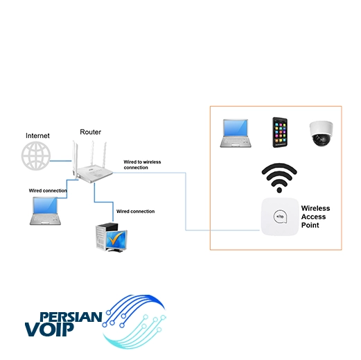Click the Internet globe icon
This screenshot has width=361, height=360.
click(36, 156)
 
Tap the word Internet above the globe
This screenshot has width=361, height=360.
click(37, 135)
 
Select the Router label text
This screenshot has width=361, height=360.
click(90, 132)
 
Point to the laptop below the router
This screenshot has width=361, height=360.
click(45, 211)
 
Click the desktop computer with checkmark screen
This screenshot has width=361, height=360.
click(112, 237)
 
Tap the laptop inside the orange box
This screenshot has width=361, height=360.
click(236, 133)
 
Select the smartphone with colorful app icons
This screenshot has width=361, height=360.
click(280, 132)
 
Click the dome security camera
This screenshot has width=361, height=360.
click(321, 133)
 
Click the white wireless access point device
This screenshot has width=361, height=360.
click(280, 216)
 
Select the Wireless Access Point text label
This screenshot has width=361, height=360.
click(315, 216)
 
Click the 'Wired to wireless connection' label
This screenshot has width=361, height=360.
click(142, 164)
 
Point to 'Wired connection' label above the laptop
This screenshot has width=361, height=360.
click(48, 191)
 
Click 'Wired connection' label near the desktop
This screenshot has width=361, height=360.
click(136, 212)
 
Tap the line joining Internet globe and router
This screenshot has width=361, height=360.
click(61, 161)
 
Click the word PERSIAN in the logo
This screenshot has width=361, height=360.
click(71, 317)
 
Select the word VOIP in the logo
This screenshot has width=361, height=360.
click(49, 329)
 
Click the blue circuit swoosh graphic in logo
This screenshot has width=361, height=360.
click(134, 321)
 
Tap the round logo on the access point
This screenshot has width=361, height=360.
click(280, 216)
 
